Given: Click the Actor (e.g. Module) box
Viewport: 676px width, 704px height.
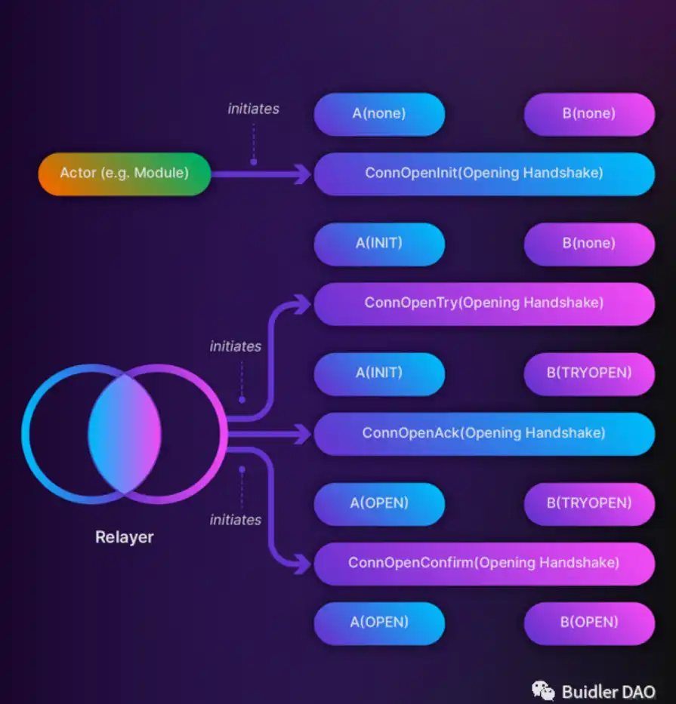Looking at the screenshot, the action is coord(125,174).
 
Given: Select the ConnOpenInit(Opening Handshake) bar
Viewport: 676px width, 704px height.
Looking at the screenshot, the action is coord(484,174).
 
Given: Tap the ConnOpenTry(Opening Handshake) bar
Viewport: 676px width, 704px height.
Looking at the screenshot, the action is coord(484,304).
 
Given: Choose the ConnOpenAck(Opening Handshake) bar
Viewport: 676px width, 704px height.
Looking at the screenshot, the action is coord(484,434).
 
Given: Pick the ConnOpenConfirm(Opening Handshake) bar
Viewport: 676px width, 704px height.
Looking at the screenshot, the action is coord(484,564).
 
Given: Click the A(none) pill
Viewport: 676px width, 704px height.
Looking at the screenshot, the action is coord(379,114).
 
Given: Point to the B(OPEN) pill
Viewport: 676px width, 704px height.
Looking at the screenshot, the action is coord(589,623).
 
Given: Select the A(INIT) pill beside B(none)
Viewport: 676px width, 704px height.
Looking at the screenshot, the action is coord(379,244).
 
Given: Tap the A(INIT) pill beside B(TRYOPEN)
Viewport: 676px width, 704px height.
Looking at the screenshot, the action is coord(379,374).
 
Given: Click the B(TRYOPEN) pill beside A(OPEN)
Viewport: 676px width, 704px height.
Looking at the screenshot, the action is coord(589,504).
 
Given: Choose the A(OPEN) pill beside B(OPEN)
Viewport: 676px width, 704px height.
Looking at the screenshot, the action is coord(379,623).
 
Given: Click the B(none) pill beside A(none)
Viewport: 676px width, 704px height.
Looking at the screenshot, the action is coord(589,114).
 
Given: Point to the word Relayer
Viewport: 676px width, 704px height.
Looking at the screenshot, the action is coord(125,537).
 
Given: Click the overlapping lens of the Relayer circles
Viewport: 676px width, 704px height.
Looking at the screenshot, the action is coord(125,434).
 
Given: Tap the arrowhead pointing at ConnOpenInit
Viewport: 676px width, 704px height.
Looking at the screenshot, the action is coord(302,174).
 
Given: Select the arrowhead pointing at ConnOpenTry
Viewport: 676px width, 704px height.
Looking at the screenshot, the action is coord(302,304).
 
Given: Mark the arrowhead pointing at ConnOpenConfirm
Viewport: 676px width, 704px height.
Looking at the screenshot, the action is coord(302,564).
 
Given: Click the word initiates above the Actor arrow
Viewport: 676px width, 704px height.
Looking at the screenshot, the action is coord(254,109).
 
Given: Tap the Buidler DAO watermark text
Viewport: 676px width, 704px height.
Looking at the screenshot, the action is coord(609,691).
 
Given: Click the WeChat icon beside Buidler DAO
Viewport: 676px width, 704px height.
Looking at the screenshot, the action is coord(543,690).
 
